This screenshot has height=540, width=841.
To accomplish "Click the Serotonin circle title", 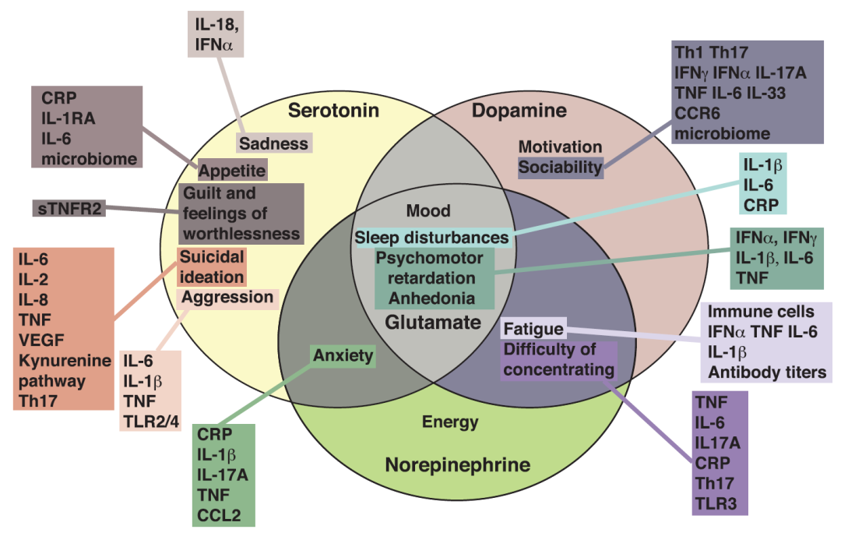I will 333,110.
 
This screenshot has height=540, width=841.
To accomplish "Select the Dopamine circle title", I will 519,111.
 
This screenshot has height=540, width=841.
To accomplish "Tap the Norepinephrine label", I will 457,466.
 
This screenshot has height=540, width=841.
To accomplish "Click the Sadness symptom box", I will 273,143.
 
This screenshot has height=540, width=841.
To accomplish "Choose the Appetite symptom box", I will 232,170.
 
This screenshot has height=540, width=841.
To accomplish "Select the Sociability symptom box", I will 561,167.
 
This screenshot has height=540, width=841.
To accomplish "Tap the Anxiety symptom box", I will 343,356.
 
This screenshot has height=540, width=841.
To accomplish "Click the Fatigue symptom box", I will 532,329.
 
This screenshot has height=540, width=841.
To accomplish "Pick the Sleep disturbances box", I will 432,237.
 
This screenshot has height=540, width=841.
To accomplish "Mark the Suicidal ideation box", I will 213,266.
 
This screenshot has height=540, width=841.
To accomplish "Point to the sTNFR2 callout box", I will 69,209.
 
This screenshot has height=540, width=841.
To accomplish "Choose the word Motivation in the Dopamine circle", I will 560,146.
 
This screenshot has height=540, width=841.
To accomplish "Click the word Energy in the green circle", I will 450,422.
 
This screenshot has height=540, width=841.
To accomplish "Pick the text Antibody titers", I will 766,372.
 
